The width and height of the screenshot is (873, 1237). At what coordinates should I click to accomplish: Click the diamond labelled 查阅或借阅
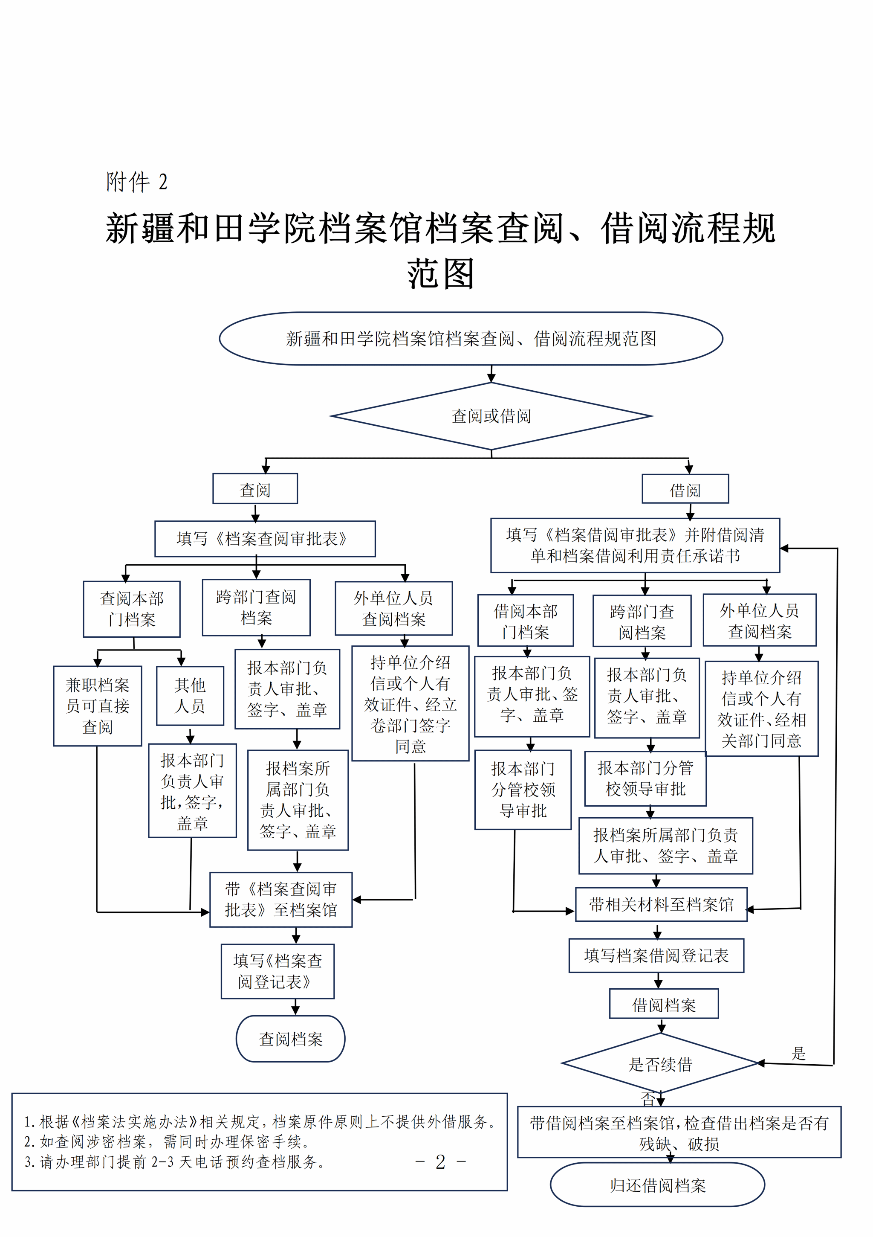coord(491,416)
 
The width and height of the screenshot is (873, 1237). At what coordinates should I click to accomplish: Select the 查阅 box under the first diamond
coord(255,489)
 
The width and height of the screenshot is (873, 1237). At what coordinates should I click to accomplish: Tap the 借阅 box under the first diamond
coord(685,490)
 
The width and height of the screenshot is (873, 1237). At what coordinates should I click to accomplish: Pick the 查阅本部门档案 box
coord(131,609)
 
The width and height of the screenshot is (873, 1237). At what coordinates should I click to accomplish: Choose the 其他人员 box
coord(190,696)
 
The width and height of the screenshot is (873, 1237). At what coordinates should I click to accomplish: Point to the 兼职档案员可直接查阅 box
coord(98,706)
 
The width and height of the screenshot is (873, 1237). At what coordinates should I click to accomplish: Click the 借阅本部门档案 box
coord(526,621)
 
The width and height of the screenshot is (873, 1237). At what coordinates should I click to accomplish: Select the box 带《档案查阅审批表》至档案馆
coord(280,899)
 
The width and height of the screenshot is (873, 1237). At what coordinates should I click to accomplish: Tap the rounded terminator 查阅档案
coord(290,1039)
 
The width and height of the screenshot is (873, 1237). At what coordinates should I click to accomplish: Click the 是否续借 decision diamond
coord(660,1064)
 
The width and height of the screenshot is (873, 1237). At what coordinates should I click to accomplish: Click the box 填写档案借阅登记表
coord(656,955)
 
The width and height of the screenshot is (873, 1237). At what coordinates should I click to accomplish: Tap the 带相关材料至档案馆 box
coord(661,905)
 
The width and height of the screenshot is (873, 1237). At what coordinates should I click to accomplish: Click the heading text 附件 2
coord(137,182)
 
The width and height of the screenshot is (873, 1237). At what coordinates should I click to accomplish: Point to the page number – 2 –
coord(440,1162)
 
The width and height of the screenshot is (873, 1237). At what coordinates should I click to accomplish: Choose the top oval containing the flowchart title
coord(471,338)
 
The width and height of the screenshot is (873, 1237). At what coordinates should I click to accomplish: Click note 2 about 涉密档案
coord(167,1141)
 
